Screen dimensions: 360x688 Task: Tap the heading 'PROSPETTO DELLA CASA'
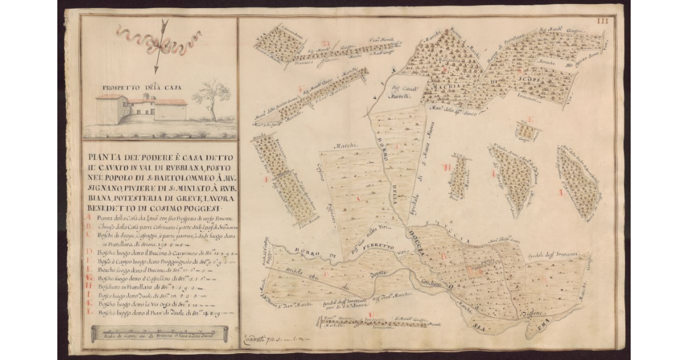tap(141, 88)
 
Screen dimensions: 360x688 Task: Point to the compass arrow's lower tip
tap(155, 71)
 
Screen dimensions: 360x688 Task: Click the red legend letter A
tap(88, 218)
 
